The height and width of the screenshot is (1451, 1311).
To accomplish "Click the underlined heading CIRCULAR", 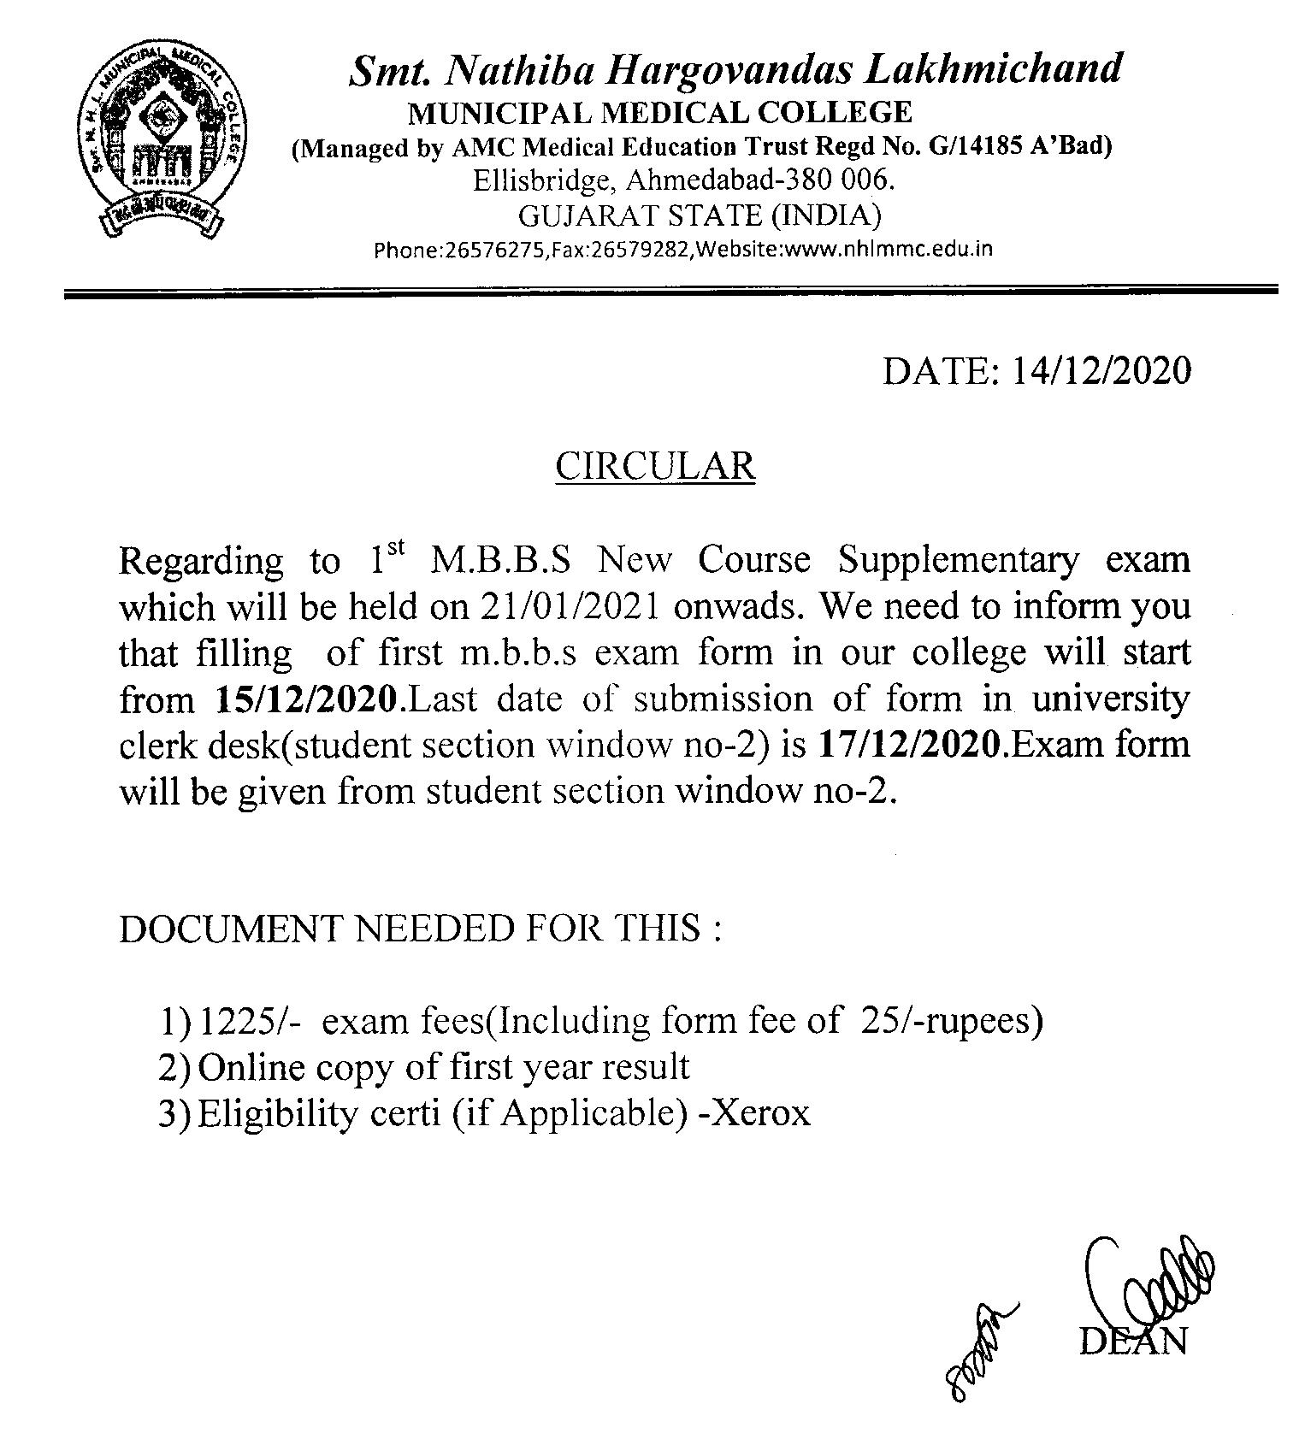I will (655, 467).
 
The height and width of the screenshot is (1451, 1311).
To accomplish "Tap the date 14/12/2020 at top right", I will (1101, 371).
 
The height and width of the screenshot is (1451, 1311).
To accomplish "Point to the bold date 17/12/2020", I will (909, 746).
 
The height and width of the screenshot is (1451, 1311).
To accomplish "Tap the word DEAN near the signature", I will (1133, 1342).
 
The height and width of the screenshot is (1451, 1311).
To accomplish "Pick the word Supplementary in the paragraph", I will (958, 561).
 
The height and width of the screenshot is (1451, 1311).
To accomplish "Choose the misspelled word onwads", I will (739, 607).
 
